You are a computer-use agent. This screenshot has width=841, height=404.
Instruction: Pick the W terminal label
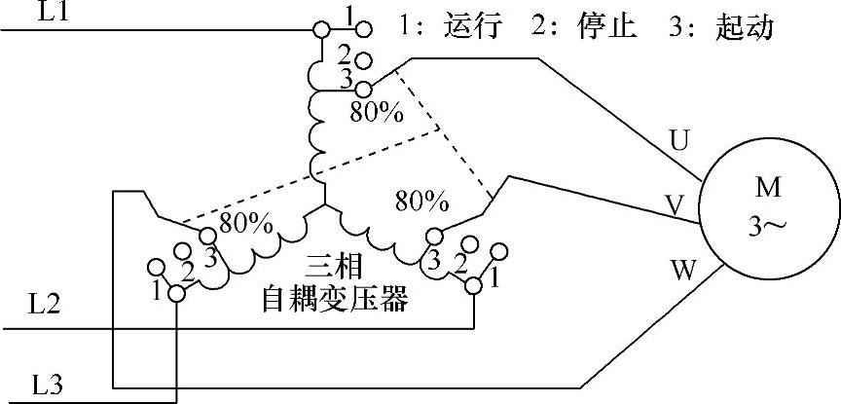(685, 270)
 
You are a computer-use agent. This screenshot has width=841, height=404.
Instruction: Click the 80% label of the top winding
(376, 112)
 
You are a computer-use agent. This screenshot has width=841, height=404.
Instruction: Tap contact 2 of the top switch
(363, 61)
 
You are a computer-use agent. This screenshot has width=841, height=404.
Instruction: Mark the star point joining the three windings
(322, 206)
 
